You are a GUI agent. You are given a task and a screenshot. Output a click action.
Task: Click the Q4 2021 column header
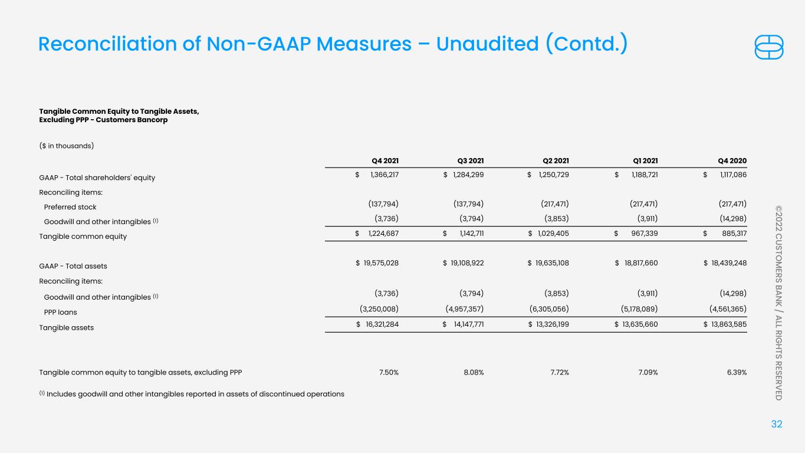385,161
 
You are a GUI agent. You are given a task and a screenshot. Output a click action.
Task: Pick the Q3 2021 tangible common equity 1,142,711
468,236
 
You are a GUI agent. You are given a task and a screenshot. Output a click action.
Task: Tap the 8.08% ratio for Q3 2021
474,372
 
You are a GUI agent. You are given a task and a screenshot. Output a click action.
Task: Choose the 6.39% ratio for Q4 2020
737,372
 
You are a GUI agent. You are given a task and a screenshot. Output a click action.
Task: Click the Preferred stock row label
70,207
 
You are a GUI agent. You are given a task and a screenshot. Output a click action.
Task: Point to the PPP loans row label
60,312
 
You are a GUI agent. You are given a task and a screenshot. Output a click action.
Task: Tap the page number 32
777,424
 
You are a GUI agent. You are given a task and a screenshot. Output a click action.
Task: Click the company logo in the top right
769,47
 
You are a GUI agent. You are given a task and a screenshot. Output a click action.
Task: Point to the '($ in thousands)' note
67,145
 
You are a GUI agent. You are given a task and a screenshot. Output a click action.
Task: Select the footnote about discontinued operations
192,393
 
